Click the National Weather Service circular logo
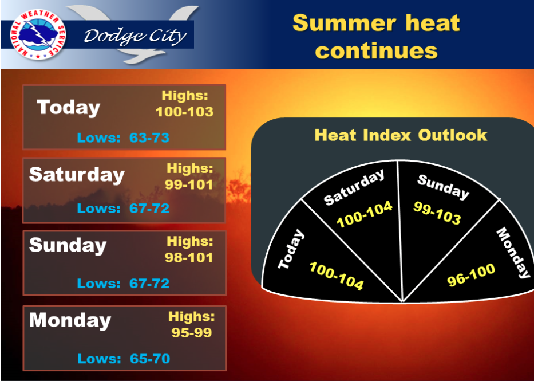point(38,35)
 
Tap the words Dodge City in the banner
point(135,36)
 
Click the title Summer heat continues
point(377,37)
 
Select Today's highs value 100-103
point(185,112)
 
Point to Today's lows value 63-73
point(149,138)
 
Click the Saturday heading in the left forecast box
point(77,175)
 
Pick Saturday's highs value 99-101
point(189,184)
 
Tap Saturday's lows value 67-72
point(149,208)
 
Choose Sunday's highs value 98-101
point(189,258)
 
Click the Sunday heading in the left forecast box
point(68,246)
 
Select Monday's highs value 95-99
point(192,333)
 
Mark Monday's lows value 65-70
point(150,359)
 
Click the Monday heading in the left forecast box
point(70,321)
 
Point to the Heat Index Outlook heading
point(401,135)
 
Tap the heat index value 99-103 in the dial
point(437,213)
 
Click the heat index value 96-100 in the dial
point(471,274)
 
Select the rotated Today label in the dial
point(291,249)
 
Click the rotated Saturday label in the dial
point(354,187)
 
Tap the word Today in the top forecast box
point(69,108)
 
